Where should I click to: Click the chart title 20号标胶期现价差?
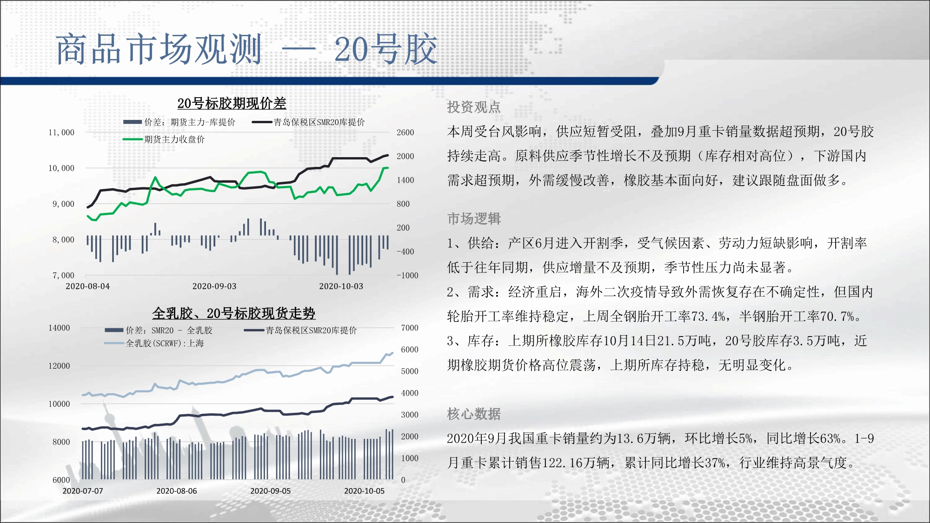coord(232,103)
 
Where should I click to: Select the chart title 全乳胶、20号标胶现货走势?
coord(234,313)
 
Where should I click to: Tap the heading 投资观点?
coord(474,107)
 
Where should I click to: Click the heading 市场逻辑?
coord(474,218)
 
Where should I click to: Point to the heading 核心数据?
coord(474,414)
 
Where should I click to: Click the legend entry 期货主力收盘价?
coord(164,139)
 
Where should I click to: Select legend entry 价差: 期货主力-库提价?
coord(179,122)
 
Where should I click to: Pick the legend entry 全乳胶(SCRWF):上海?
coord(154,344)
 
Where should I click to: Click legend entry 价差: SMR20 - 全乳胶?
coord(159,331)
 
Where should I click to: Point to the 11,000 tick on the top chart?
coord(61,132)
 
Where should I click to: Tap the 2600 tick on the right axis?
coord(405,132)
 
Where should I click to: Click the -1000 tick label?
coord(407,275)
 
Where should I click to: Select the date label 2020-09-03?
coord(214,286)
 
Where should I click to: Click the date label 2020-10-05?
coord(364,491)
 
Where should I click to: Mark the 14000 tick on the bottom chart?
coord(59,328)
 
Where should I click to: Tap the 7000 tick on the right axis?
coord(410,328)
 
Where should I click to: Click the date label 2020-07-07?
coord(83,491)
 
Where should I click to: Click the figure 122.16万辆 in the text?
coord(576,463)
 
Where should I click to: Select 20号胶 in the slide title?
coord(386,49)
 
